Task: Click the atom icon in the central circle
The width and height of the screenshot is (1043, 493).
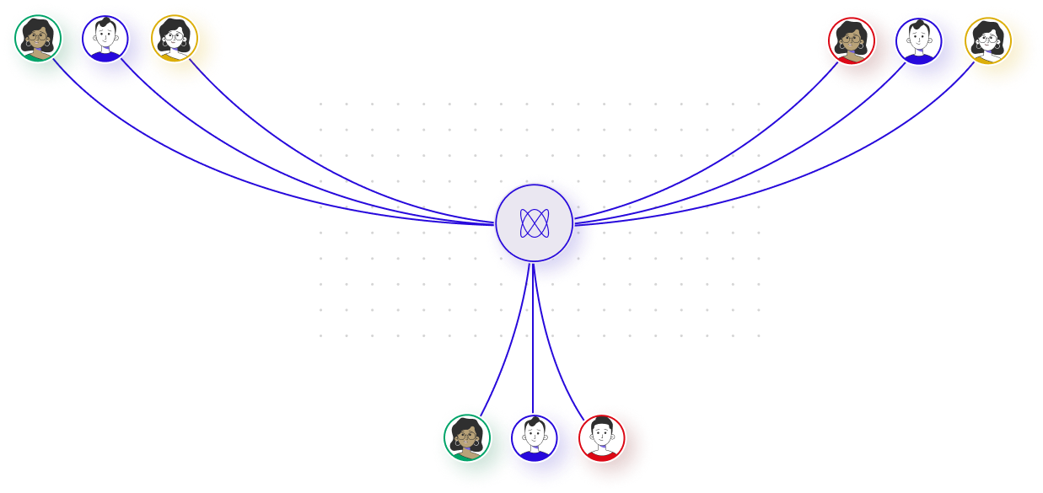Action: (535, 223)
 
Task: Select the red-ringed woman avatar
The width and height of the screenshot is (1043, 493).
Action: (851, 40)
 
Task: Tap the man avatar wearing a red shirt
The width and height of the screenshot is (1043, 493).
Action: (601, 437)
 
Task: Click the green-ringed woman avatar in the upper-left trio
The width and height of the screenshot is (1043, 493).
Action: (38, 38)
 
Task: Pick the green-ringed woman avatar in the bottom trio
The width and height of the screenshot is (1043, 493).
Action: (467, 437)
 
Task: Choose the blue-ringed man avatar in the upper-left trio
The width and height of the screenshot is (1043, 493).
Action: (105, 39)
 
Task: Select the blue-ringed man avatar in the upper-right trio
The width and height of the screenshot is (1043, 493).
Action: (918, 40)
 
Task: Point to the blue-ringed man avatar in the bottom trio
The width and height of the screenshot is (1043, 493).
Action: (534, 437)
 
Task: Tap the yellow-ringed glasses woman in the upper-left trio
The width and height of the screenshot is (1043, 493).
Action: (175, 38)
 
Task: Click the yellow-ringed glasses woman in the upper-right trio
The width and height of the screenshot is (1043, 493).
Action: (987, 40)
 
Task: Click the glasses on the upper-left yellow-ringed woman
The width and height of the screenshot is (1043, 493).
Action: (175, 36)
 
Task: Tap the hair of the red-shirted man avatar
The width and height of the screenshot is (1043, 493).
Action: (601, 422)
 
